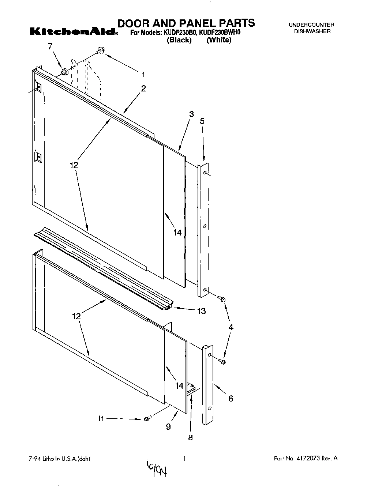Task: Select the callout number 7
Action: (x=50, y=46)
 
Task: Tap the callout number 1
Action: (x=143, y=75)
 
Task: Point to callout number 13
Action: (x=201, y=311)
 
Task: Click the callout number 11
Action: (x=101, y=418)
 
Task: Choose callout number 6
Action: (x=231, y=399)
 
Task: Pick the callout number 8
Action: (x=190, y=437)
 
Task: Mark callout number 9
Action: (x=168, y=426)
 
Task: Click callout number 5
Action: (x=202, y=121)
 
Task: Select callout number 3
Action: (x=191, y=114)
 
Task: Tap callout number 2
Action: (x=143, y=88)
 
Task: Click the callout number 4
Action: (x=231, y=328)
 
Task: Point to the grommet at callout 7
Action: (x=65, y=72)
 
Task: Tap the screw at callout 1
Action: (x=100, y=51)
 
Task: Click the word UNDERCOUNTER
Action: (x=311, y=25)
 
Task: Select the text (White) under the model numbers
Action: (x=219, y=40)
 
